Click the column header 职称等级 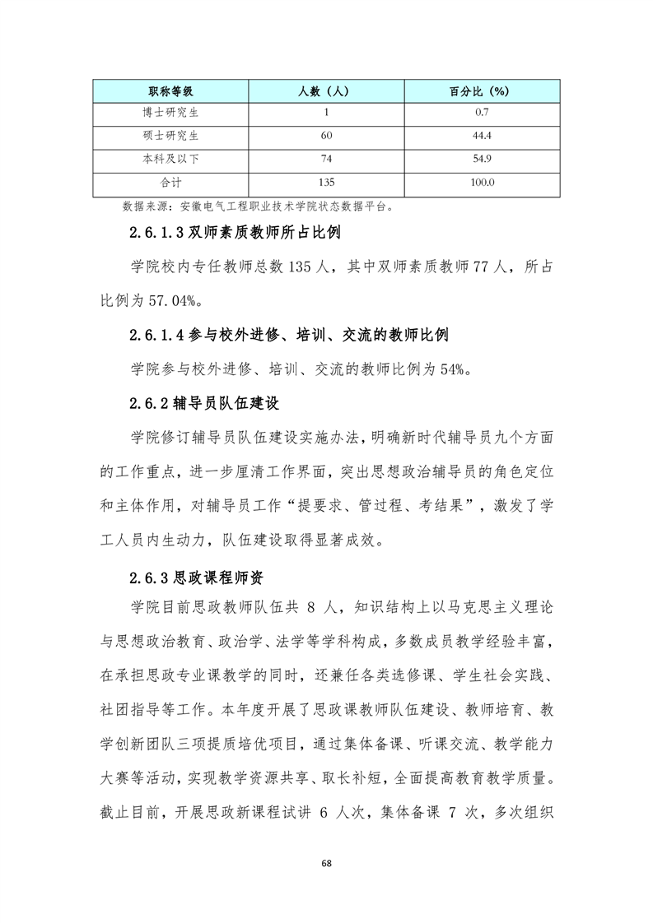click(170, 90)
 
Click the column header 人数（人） click(327, 90)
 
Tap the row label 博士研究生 click(170, 113)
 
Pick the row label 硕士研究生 click(170, 136)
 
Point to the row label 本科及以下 click(170, 160)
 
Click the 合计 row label click(170, 183)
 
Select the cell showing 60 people click(327, 136)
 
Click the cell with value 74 click(327, 160)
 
